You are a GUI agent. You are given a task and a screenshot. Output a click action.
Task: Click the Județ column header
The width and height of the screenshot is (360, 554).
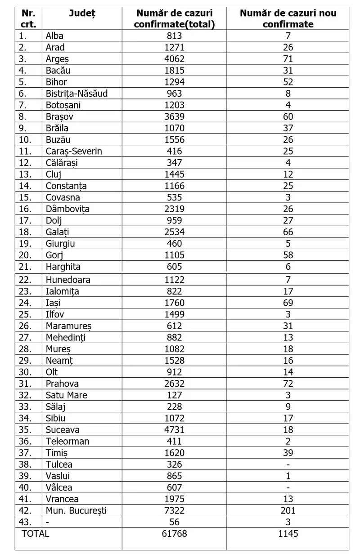[82, 13]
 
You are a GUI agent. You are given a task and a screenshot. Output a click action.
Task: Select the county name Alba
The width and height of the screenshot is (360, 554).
[54, 36]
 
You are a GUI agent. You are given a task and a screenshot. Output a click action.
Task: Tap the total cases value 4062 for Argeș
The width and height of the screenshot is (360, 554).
[174, 59]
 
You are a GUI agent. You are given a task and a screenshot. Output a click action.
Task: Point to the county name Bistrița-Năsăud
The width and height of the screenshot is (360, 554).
[76, 94]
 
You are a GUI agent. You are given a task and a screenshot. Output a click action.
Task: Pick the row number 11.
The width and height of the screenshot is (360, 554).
[25, 151]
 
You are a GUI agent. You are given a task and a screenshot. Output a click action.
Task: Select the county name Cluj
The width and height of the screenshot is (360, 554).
[54, 174]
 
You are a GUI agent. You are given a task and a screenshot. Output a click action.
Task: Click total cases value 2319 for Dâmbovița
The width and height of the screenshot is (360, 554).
[174, 209]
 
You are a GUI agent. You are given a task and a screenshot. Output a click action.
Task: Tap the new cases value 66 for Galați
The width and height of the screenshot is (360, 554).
[288, 232]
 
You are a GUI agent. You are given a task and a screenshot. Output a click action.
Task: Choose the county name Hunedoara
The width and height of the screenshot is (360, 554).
[68, 280]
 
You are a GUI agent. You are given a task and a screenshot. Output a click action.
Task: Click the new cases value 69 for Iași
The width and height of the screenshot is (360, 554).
[288, 303]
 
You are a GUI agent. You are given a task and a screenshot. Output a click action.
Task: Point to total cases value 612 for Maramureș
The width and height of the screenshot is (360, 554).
[174, 326]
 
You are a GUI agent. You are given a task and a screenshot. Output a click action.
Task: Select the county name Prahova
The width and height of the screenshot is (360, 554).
[62, 384]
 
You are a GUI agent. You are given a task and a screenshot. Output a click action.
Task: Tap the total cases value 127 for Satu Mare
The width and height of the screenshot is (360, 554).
[174, 395]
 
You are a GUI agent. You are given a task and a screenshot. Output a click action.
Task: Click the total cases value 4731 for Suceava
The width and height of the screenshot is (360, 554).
[174, 429]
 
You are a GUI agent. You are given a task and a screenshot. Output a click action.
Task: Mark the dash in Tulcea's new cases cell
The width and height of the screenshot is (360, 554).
[288, 464]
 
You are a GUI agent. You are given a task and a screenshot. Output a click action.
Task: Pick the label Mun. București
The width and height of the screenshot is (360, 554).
[76, 510]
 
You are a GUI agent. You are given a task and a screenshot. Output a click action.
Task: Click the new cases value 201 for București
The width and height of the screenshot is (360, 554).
[288, 510]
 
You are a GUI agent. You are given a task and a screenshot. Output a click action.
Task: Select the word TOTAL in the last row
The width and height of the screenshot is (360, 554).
[36, 534]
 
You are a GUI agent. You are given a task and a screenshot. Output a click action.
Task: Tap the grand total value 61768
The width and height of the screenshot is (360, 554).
[174, 534]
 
